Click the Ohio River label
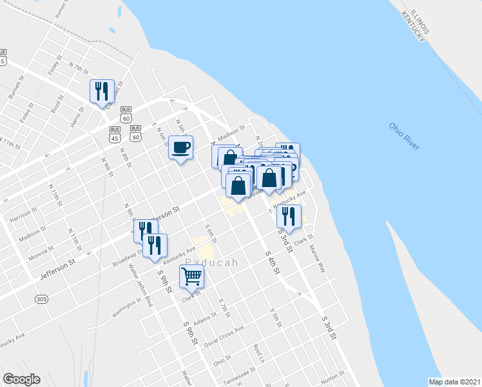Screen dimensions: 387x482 click(x=404, y=137)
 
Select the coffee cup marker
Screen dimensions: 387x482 click(x=181, y=148)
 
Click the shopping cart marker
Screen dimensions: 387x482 click(x=192, y=277)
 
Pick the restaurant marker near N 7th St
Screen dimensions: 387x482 click(x=102, y=92)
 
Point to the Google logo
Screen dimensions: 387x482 click(x=21, y=379)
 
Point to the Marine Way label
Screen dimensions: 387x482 click(x=316, y=257)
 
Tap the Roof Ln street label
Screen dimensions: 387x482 click(x=259, y=353)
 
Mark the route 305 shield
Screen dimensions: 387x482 click(x=42, y=299)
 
